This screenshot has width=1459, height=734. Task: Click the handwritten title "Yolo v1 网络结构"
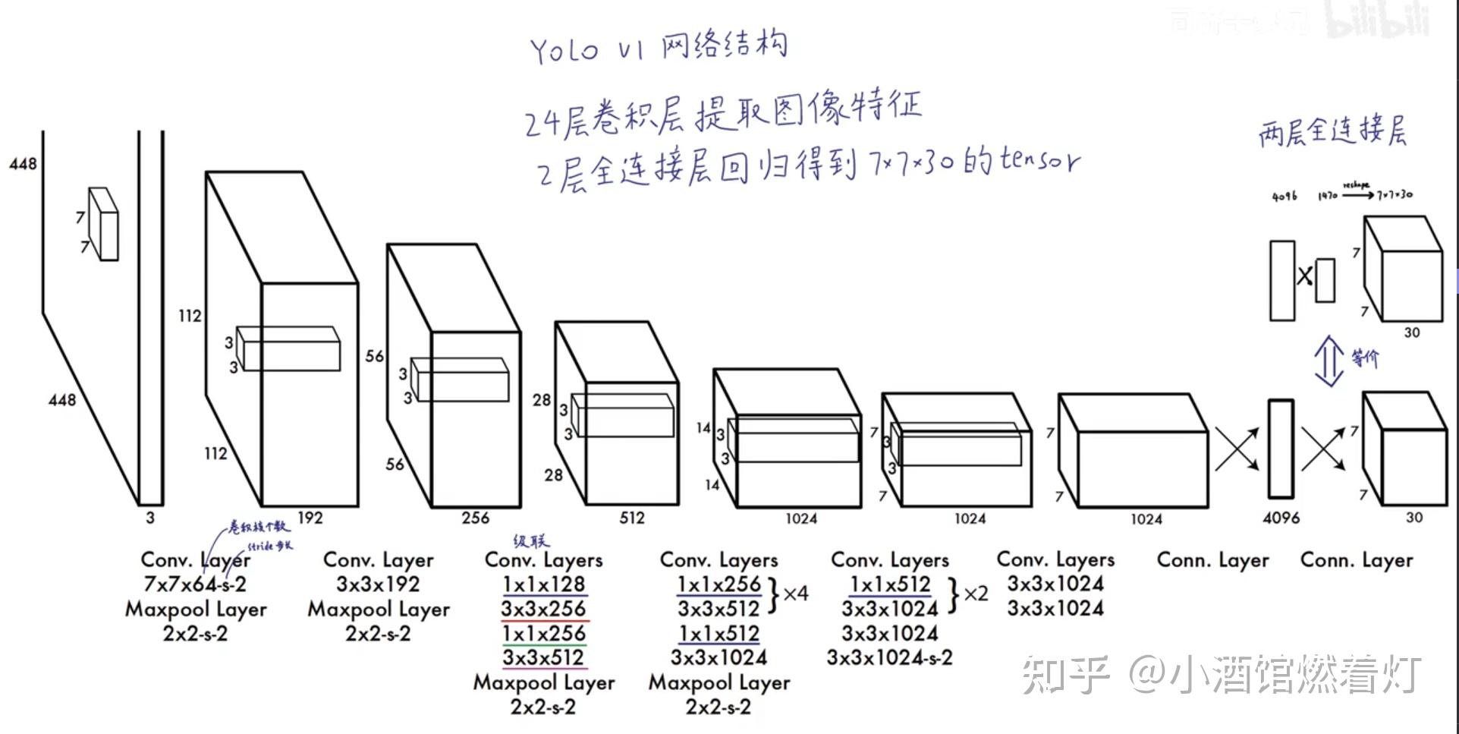click(659, 47)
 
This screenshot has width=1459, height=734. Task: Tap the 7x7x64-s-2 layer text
click(195, 584)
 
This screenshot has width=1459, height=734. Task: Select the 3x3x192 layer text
click(378, 584)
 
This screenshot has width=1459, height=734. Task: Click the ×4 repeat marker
click(795, 594)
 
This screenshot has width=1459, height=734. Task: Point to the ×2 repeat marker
click(976, 594)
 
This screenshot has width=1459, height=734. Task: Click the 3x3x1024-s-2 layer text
click(889, 657)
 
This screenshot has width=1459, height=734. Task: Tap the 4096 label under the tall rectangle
click(1281, 518)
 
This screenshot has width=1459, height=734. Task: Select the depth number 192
click(310, 518)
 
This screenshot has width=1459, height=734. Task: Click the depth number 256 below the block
click(475, 518)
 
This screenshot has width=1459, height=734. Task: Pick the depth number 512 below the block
click(631, 518)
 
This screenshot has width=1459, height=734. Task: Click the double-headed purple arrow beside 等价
click(1329, 361)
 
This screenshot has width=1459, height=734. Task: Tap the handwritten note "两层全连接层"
click(1332, 131)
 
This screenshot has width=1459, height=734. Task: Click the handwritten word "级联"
click(531, 541)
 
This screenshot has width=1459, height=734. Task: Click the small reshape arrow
click(1358, 194)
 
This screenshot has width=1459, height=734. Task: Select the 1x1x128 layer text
click(543, 584)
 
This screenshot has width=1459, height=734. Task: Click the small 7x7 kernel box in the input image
click(103, 224)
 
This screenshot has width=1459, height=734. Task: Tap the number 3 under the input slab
click(150, 518)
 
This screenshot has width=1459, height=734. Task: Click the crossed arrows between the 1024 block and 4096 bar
click(1237, 449)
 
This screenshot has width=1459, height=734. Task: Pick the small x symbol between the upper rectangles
click(1304, 276)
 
